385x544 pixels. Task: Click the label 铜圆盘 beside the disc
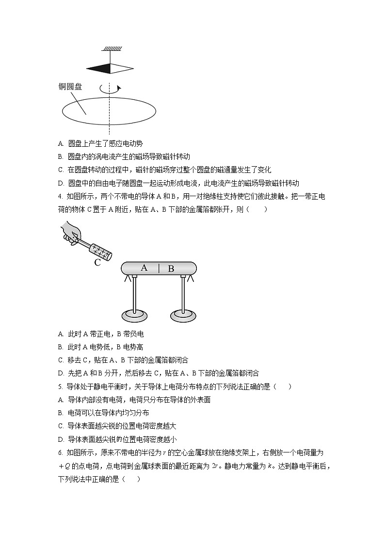pyautogui.click(x=70, y=87)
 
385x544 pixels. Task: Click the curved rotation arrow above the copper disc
pyautogui.click(x=110, y=89)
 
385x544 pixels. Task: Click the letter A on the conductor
pyautogui.click(x=144, y=267)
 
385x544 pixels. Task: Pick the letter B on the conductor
pyautogui.click(x=171, y=268)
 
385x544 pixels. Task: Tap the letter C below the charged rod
pyautogui.click(x=97, y=263)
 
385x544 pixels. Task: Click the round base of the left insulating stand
pyautogui.click(x=135, y=315)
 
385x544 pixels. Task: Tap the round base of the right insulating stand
pyautogui.click(x=183, y=315)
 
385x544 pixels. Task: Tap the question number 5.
pyautogui.click(x=59, y=387)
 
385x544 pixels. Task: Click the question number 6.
pyautogui.click(x=59, y=452)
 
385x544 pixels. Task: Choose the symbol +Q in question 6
pyautogui.click(x=64, y=466)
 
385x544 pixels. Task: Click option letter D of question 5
pyautogui.click(x=60, y=439)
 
